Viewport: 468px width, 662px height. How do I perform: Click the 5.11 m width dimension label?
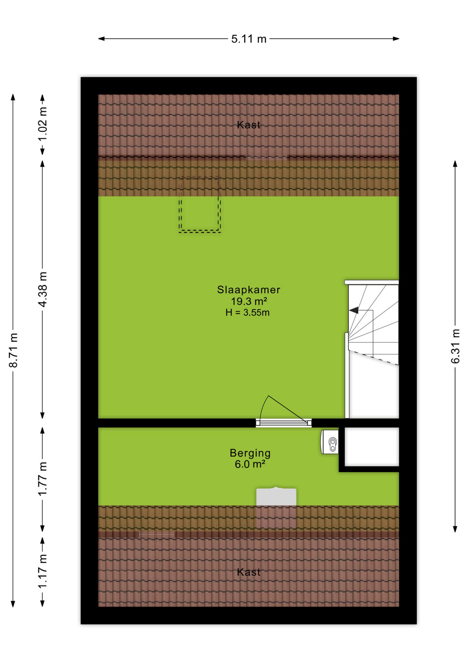pyautogui.click(x=249, y=39)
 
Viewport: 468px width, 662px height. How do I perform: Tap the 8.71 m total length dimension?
pyautogui.click(x=13, y=350)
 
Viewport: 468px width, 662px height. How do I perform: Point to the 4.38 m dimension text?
pyautogui.click(x=42, y=289)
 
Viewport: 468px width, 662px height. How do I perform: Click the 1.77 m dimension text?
pyautogui.click(x=42, y=479)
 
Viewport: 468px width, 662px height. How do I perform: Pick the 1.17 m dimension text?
pyautogui.click(x=42, y=571)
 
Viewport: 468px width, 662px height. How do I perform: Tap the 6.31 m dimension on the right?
pyautogui.click(x=455, y=346)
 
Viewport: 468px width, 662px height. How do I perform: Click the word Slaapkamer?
pyautogui.click(x=248, y=290)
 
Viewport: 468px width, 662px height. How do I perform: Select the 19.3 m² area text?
pyautogui.click(x=249, y=301)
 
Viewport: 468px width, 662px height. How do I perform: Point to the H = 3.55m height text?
pyautogui.click(x=247, y=313)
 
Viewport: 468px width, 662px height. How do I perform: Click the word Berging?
pyautogui.click(x=250, y=453)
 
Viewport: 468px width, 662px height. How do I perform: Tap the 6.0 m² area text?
pyautogui.click(x=250, y=464)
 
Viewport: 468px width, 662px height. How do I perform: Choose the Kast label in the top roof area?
pyautogui.click(x=249, y=124)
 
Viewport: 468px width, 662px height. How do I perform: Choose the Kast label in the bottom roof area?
pyautogui.click(x=249, y=572)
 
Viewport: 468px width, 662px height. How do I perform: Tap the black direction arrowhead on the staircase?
pyautogui.click(x=354, y=310)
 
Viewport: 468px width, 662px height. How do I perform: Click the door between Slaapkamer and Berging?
pyautogui.click(x=284, y=423)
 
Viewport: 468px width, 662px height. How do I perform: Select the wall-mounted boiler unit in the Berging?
pyautogui.click(x=330, y=442)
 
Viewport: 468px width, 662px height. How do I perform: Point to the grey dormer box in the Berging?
pyautogui.click(x=276, y=496)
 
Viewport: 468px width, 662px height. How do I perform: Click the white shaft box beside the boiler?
pyautogui.click(x=372, y=447)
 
